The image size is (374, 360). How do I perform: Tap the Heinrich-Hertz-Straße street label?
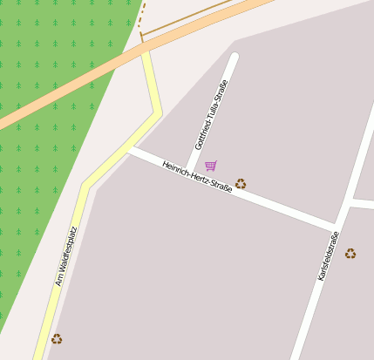click(x=197, y=176)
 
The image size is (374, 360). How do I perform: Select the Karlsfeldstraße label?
click(x=328, y=255)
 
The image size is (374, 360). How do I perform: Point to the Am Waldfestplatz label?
click(x=66, y=256)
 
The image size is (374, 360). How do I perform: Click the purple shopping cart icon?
click(x=211, y=165)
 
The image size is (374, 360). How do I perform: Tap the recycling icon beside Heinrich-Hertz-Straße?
click(x=241, y=184)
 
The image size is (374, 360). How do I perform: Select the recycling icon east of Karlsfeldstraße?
click(x=350, y=254)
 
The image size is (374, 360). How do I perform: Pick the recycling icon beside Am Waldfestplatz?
click(x=57, y=338)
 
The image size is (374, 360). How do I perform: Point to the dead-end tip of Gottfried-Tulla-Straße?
click(x=234, y=58)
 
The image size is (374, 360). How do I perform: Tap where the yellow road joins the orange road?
click(x=145, y=51)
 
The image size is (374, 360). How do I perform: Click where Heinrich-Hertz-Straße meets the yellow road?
click(x=130, y=148)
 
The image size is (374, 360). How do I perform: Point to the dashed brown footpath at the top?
click(x=142, y=16)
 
